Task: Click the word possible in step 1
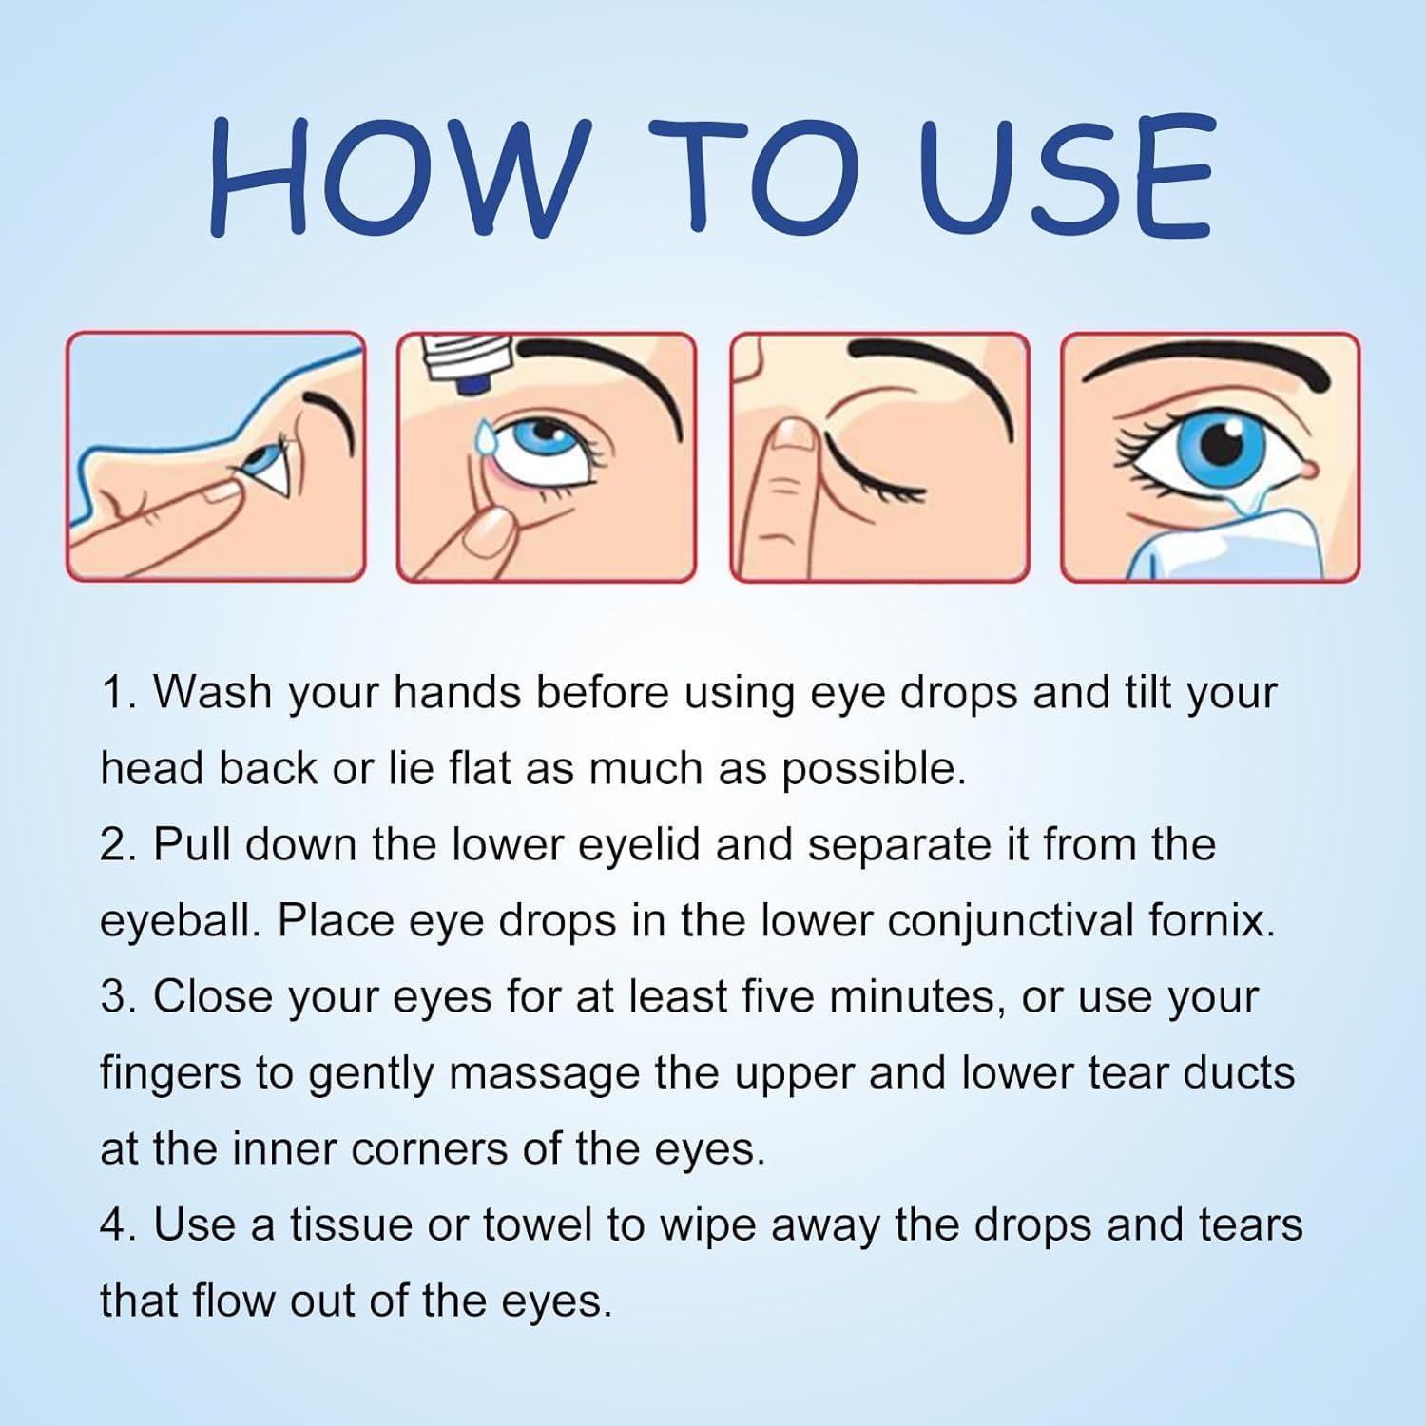tap(872, 769)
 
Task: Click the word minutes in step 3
tap(917, 996)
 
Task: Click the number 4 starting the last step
tap(112, 1224)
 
